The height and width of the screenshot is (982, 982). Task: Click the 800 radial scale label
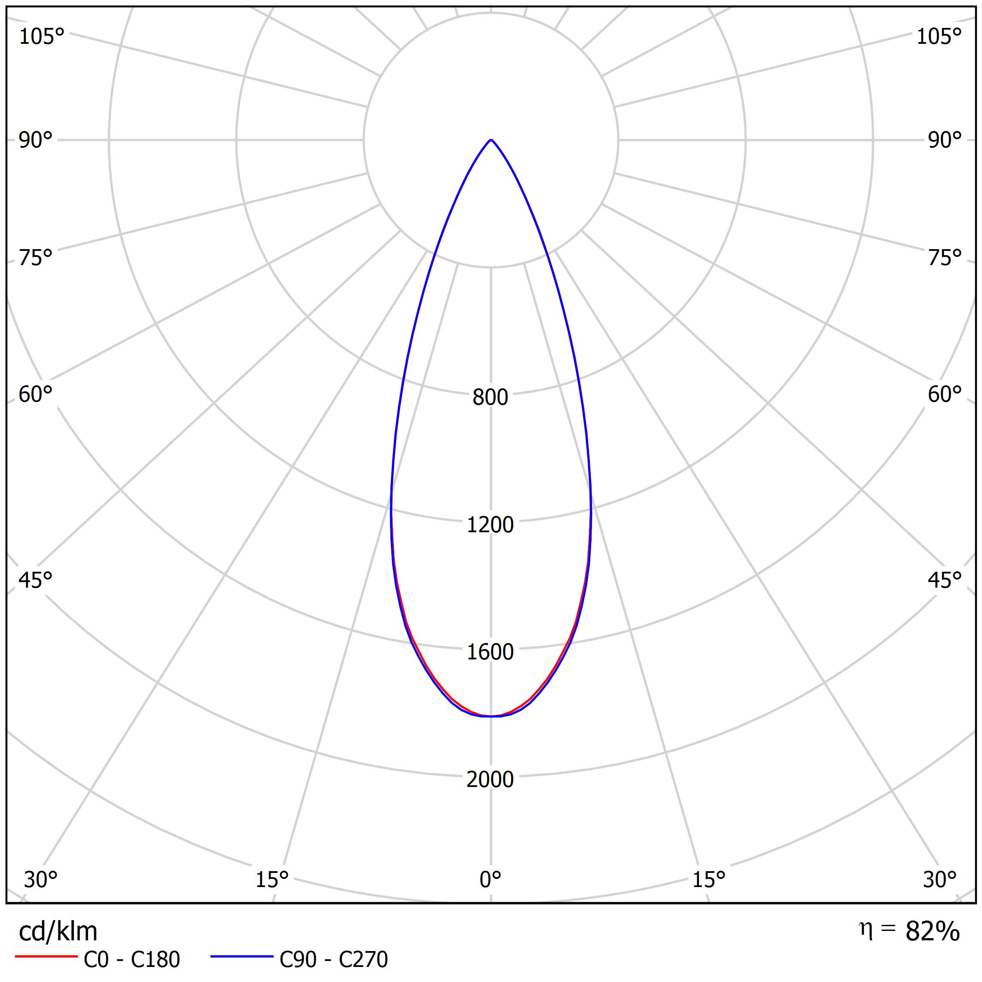pos(490,397)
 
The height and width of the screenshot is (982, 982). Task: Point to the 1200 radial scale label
pos(490,525)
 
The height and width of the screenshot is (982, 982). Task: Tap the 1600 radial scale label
pos(490,652)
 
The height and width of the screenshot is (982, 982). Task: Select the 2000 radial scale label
pos(490,779)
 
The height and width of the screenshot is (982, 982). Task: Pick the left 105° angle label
pos(42,37)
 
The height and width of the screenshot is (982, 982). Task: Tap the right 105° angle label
pos(939,37)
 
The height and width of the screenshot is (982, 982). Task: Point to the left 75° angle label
pos(36,258)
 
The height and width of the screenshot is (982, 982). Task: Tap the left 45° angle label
pos(36,580)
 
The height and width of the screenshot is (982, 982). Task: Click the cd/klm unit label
pos(58,931)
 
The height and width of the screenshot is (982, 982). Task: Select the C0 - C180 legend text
pos(131,959)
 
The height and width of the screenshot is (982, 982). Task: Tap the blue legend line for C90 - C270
pos(242,957)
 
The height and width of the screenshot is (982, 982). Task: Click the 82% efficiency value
pos(932,931)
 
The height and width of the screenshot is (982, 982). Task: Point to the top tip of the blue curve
pos(491,140)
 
